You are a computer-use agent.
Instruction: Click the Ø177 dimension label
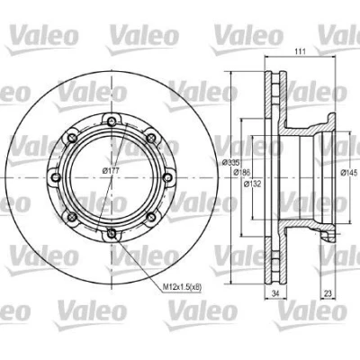point(111,171)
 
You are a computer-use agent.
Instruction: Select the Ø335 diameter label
point(230,163)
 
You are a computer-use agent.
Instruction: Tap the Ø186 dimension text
point(242,172)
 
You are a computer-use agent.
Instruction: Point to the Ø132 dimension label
point(252,184)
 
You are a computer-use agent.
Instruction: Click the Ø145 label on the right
point(349,172)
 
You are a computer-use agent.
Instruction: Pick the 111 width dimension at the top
point(300,51)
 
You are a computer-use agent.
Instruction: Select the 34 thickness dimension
point(275,293)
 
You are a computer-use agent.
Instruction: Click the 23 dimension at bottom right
point(328,293)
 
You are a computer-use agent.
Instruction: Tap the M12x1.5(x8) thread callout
point(182,287)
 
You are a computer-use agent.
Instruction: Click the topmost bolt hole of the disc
point(112,121)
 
